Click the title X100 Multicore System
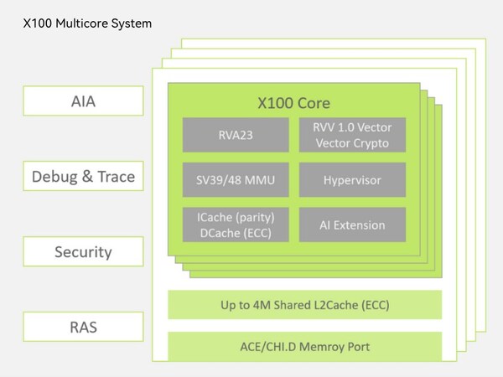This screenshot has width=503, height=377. coord(87,23)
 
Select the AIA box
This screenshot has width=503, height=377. coord(83,101)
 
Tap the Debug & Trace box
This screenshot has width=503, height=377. coord(83,177)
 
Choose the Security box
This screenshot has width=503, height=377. coord(83,251)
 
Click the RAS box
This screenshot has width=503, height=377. coord(83,327)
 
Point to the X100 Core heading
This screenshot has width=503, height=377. coord(293,104)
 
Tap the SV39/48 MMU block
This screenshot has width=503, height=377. coord(235,179)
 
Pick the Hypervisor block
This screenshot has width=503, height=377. coord(352,179)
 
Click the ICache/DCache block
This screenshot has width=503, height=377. coord(235,225)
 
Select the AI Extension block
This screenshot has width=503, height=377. coord(352,225)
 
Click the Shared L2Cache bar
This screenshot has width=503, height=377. coord(304,304)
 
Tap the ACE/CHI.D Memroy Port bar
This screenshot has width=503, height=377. coord(304,346)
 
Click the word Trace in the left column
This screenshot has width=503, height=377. coord(113,177)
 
